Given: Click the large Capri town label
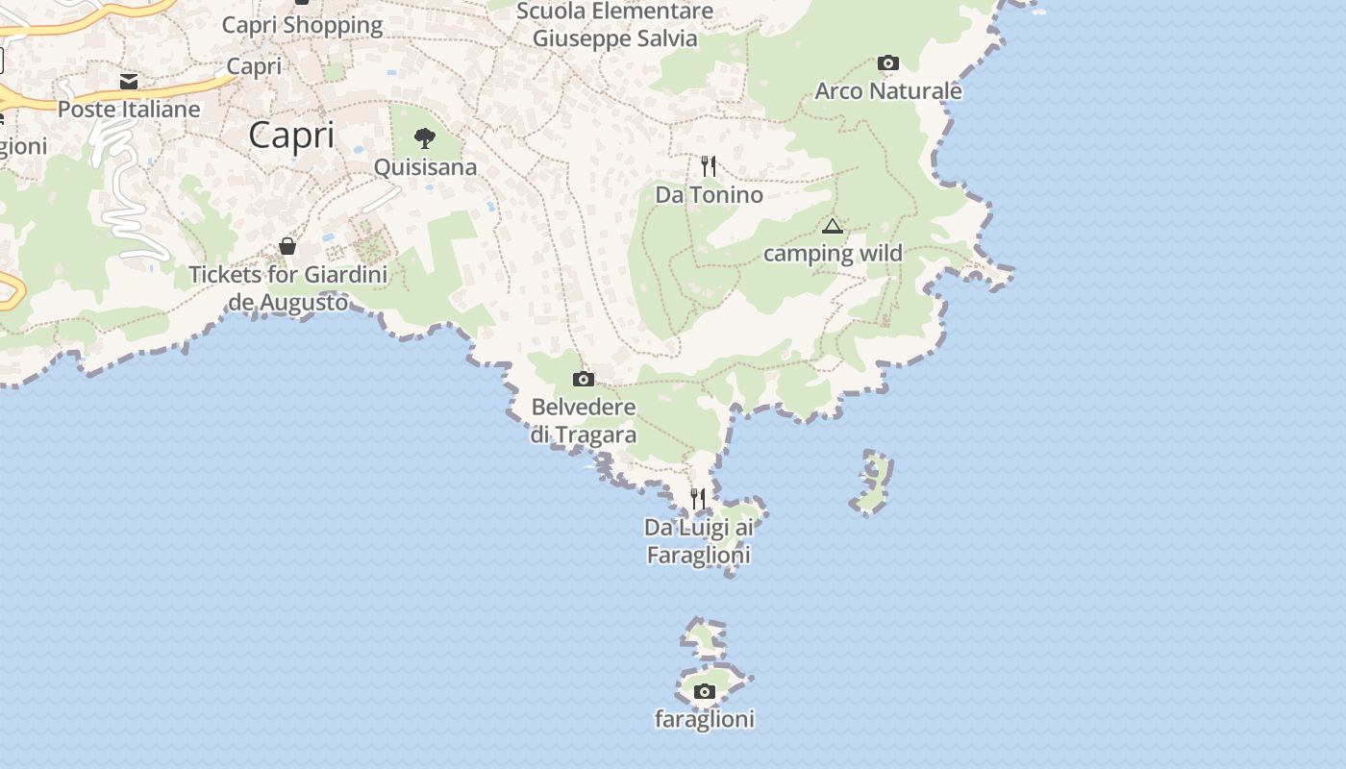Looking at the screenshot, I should click(291, 135).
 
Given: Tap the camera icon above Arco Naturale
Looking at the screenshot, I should click(888, 63).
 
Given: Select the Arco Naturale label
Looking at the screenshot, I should click(888, 91).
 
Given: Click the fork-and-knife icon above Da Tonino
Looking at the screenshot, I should click(709, 166).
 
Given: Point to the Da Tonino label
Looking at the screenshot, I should click(709, 195).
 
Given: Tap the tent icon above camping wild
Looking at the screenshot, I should click(833, 227).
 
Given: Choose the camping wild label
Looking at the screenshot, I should click(833, 254).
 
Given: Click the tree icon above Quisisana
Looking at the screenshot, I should click(424, 138).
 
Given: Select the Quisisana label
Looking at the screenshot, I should click(425, 167).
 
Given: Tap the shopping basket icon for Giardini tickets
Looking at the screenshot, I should click(287, 246).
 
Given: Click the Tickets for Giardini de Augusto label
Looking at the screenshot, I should click(288, 287).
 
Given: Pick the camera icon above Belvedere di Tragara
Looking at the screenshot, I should click(584, 379).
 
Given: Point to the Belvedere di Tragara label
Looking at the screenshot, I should click(584, 420).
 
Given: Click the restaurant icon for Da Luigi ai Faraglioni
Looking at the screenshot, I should click(698, 499).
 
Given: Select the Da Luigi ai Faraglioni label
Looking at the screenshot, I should click(698, 540).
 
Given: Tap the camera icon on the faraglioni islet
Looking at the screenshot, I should click(705, 691).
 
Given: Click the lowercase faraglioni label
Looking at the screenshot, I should click(705, 719).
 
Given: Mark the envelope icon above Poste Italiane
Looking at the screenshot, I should click(129, 81).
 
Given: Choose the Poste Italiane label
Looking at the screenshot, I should click(129, 110).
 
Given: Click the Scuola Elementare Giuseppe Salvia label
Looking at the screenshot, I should click(615, 25).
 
